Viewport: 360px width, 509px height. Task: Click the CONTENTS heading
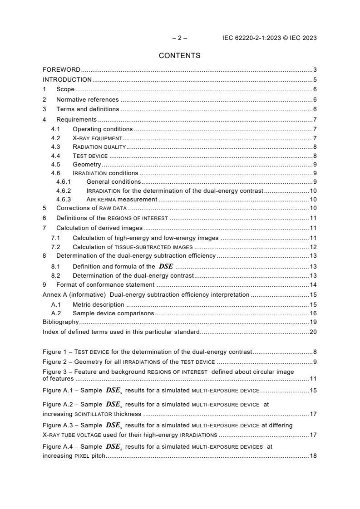[x=179, y=56]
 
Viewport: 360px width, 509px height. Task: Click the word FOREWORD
[x=61, y=70]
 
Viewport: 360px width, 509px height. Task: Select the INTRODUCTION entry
[x=67, y=79]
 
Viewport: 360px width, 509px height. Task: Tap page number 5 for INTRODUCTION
[x=315, y=79]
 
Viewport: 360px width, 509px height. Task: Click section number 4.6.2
[x=64, y=191]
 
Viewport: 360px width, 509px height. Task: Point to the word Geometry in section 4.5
[x=87, y=164]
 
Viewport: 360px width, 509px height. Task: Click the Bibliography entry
[x=60, y=322]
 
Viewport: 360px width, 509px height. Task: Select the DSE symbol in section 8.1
[x=166, y=267]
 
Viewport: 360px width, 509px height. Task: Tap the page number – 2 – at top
[x=179, y=38]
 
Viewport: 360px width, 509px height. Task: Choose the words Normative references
[x=87, y=99]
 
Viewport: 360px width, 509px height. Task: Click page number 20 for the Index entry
[x=313, y=332]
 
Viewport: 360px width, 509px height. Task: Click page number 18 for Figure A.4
[x=313, y=455]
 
